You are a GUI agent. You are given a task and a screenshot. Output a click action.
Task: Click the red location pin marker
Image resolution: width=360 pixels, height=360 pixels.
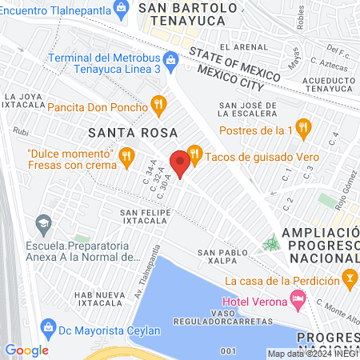pos(181,163)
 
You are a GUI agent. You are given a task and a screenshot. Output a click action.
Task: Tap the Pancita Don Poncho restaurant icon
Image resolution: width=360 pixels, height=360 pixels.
pos(159,104)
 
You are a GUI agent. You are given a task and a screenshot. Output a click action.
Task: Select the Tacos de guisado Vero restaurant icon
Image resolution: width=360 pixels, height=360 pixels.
pos(194,155)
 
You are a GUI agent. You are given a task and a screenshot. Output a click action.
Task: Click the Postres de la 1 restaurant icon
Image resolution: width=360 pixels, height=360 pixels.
pos(302,126)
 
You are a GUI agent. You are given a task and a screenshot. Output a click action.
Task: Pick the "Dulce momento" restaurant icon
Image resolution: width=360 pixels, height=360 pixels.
pos(126,158)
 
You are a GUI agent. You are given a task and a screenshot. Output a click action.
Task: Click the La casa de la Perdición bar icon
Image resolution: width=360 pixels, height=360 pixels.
pos(350,279)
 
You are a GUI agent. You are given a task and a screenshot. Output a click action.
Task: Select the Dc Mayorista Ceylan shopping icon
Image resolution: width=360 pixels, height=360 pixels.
pos(49,327)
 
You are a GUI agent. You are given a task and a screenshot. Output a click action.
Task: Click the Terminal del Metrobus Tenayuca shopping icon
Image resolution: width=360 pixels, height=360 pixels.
pos(170,60)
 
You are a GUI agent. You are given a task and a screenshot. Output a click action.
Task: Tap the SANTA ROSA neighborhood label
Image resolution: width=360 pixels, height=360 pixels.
pos(121,131)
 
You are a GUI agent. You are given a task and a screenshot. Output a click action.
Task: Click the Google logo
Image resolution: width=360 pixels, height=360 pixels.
pos(26,350)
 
